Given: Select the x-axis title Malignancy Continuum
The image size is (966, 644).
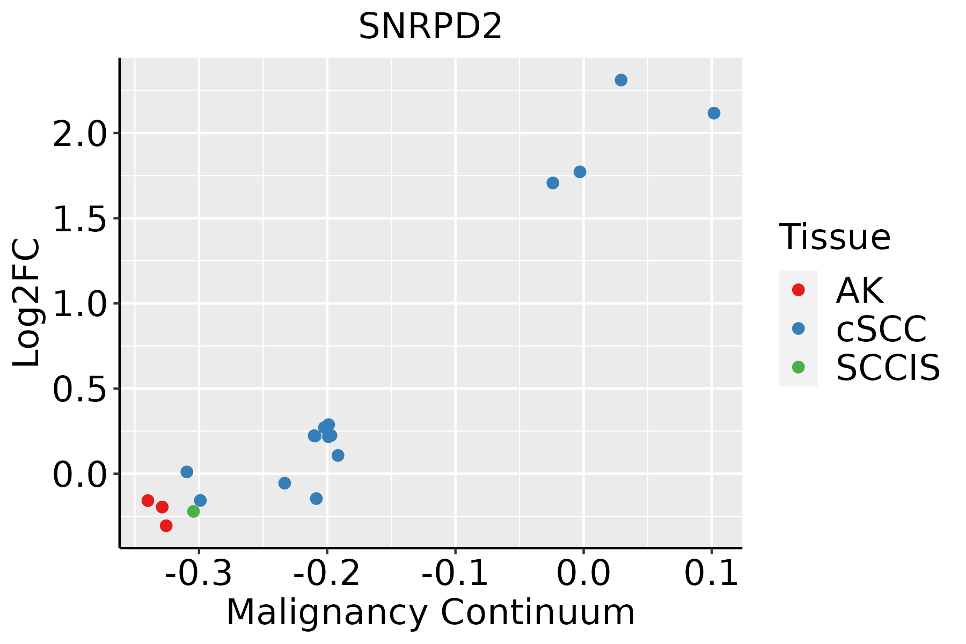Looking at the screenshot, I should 430,612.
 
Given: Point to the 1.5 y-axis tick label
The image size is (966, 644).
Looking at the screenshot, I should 80,218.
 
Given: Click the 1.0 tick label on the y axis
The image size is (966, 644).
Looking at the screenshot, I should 80,303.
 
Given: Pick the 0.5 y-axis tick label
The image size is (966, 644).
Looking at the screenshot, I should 80,389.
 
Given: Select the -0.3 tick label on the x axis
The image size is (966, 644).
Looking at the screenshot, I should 199,574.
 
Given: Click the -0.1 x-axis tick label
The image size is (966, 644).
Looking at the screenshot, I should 455,574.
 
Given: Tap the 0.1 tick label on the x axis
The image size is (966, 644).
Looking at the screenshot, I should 712,574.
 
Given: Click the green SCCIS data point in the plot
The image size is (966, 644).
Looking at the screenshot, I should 194,511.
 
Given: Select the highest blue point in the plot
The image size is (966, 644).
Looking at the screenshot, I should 621,80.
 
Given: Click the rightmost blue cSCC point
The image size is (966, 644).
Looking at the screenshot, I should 714,113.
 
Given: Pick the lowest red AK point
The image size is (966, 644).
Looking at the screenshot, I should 166,525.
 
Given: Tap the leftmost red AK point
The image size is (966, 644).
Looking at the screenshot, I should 148,501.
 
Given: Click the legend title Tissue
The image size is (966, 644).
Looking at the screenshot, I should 835,237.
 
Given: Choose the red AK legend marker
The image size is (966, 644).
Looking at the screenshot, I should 799,290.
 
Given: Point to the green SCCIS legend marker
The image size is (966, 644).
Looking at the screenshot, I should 799,367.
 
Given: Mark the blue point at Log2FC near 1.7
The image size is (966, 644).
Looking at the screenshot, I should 553,183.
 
